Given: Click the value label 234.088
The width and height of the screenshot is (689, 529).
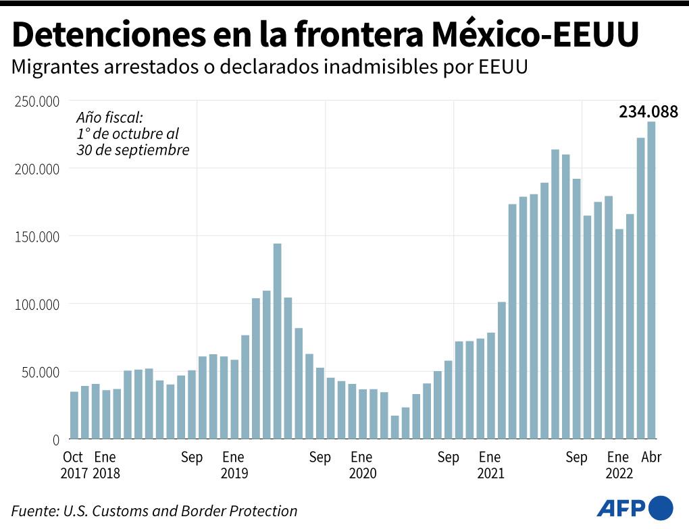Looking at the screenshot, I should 648,112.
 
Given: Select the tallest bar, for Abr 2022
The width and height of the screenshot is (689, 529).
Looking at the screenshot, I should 651,280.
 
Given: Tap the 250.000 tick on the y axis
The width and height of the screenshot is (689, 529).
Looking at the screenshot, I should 37,101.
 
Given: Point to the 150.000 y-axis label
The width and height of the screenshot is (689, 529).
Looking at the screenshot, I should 37,237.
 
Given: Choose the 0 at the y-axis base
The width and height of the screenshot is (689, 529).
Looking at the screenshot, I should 56,440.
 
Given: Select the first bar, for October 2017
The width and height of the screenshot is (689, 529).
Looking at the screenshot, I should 74,415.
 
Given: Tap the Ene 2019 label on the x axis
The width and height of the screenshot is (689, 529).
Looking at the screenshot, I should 233,465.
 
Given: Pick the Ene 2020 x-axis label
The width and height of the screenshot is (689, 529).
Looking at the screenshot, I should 361,465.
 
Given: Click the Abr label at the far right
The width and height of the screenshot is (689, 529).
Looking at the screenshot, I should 650,457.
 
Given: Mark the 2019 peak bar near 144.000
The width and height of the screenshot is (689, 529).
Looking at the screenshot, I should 277,341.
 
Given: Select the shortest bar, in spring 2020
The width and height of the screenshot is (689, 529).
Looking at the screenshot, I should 395,427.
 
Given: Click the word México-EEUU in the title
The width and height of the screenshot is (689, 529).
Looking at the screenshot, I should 534,35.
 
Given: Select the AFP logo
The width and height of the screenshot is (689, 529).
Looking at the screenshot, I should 635,507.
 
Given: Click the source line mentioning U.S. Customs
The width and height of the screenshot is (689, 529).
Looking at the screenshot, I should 154,511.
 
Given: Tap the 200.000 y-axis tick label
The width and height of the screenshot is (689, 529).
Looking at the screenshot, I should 37,169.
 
